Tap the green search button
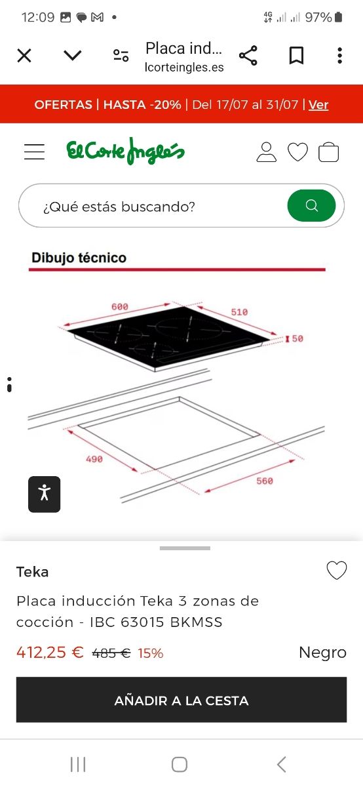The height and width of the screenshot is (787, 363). [311, 205]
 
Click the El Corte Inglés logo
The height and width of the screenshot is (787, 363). [125, 151]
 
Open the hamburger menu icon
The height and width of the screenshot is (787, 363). [35, 151]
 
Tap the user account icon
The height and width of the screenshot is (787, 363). [267, 151]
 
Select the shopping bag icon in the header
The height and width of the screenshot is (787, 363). [328, 151]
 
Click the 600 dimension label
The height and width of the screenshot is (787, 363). [120, 307]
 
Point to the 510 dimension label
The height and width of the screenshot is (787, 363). [239, 312]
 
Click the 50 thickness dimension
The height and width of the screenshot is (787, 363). [297, 338]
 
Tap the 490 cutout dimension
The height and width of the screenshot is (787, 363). [94, 459]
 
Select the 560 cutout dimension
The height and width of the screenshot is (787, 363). [265, 481]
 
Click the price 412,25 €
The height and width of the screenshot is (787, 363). [50, 653]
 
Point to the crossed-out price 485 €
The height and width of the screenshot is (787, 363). [111, 653]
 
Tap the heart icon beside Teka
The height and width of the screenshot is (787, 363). [337, 570]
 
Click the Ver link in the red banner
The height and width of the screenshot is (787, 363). [318, 105]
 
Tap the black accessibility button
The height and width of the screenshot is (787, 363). [45, 494]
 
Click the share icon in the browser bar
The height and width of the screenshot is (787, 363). [248, 56]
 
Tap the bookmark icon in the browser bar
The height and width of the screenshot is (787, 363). [296, 56]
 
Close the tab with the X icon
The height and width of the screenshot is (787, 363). [24, 56]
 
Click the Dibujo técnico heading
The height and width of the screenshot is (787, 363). [79, 258]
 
